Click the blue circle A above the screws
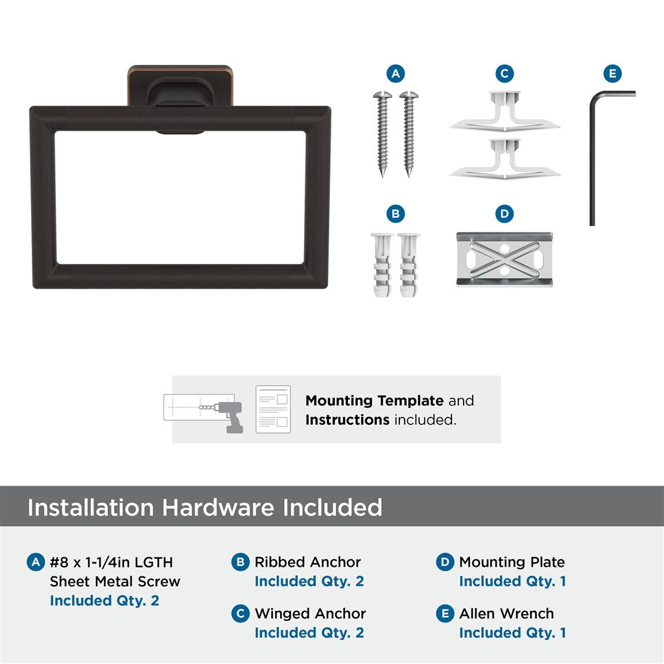[396, 74]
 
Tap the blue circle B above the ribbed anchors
[396, 213]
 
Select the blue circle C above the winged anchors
[504, 74]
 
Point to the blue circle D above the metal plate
[504, 213]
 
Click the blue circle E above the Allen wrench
[612, 74]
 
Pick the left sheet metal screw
[383, 134]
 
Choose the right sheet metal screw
[409, 134]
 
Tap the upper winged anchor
[504, 111]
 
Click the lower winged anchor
[504, 158]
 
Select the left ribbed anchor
[382, 265]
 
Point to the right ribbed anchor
[409, 265]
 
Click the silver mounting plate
[504, 259]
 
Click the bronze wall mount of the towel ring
[180, 86]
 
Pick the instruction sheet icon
[273, 409]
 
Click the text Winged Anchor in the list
[310, 613]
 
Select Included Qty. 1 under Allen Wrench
[512, 633]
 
